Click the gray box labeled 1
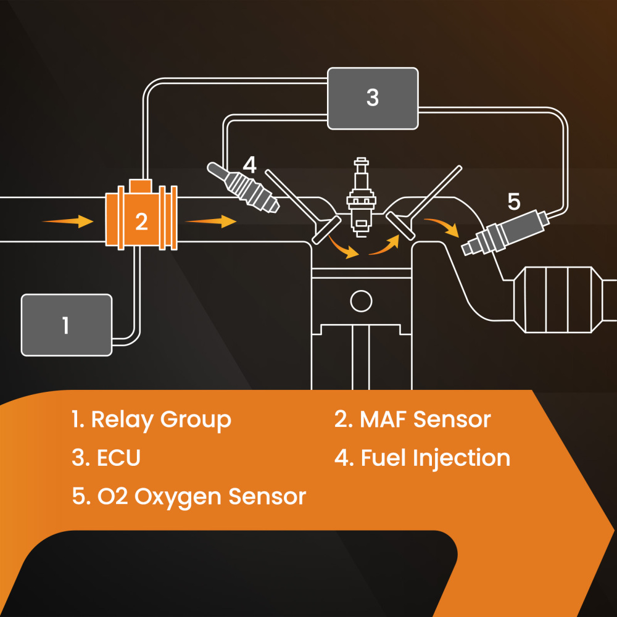(67, 325)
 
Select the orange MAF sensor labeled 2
(142, 221)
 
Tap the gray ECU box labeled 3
(373, 98)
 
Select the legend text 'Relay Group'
(160, 420)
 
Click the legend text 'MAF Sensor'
(425, 420)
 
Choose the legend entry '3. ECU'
(106, 458)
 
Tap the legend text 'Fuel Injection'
(435, 458)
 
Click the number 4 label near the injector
(249, 165)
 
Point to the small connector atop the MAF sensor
(142, 184)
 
